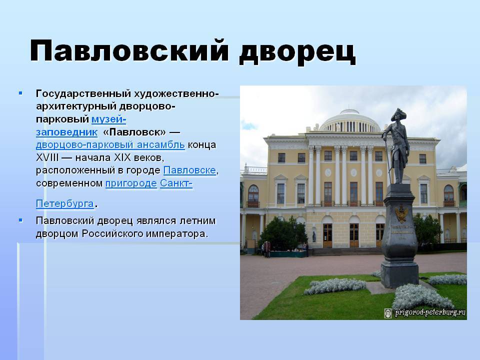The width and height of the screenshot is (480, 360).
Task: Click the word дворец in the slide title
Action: [297, 52]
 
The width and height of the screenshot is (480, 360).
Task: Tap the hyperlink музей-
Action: [108, 119]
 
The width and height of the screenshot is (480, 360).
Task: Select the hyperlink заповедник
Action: [66, 132]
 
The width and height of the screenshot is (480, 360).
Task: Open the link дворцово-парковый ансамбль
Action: [110, 145]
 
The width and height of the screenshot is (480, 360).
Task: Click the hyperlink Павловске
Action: [190, 170]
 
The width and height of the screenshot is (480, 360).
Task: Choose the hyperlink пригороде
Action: [131, 183]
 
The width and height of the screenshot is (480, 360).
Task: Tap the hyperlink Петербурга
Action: [65, 203]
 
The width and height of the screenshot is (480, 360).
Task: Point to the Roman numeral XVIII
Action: [47, 157]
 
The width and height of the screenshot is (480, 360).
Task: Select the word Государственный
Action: [83, 93]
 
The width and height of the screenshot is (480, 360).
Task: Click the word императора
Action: [177, 234]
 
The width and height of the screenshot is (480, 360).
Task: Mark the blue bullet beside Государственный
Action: [20, 93]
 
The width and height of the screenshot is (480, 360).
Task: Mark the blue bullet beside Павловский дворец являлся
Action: [20, 220]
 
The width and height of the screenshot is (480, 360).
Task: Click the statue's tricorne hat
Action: [398, 115]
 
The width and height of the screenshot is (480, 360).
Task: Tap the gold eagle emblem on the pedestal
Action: [400, 213]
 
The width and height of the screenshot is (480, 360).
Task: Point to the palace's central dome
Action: [349, 120]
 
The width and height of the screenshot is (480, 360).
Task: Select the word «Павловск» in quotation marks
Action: [134, 132]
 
